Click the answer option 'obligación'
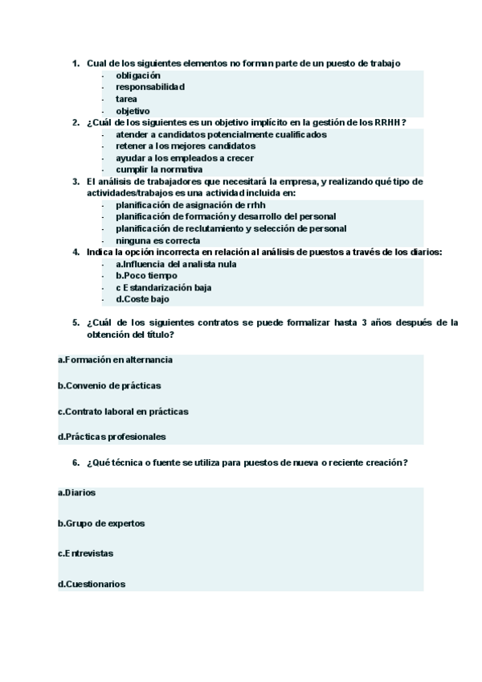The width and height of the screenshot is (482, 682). click(x=138, y=75)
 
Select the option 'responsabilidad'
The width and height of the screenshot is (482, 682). click(x=149, y=87)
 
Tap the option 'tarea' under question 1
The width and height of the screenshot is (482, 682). click(x=126, y=99)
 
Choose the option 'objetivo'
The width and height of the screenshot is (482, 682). click(x=133, y=111)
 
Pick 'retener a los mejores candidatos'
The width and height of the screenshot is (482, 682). click(x=186, y=146)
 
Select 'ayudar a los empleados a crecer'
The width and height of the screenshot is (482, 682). click(x=185, y=158)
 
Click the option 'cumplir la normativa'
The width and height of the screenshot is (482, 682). click(x=158, y=170)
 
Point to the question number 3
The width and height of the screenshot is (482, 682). click(x=76, y=182)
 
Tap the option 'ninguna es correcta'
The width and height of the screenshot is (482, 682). click(x=157, y=240)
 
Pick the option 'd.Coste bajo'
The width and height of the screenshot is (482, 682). click(x=142, y=299)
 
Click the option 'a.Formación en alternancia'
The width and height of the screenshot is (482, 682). click(x=115, y=359)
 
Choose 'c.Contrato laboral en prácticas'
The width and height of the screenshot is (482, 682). click(x=123, y=411)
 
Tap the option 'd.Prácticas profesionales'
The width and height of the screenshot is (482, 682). click(x=112, y=437)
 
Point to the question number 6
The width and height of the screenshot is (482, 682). click(x=76, y=462)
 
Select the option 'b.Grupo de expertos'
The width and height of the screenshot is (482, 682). click(x=101, y=523)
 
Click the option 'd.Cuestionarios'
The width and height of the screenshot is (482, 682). click(x=92, y=584)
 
